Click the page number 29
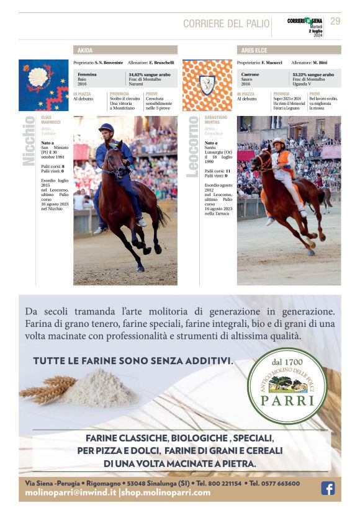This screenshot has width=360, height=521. click(x=335, y=21)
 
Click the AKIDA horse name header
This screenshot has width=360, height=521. click(x=84, y=50)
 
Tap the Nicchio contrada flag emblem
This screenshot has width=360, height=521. click(x=43, y=85)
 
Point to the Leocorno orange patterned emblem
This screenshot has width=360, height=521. click(x=207, y=85)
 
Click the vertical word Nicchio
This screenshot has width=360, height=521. click(x=29, y=141)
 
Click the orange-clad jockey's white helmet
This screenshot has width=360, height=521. click(x=278, y=142)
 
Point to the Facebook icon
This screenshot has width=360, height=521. click(x=328, y=488)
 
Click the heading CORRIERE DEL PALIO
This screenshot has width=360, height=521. click(x=226, y=24)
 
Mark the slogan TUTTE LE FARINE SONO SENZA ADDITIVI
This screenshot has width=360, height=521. click(x=133, y=360)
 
